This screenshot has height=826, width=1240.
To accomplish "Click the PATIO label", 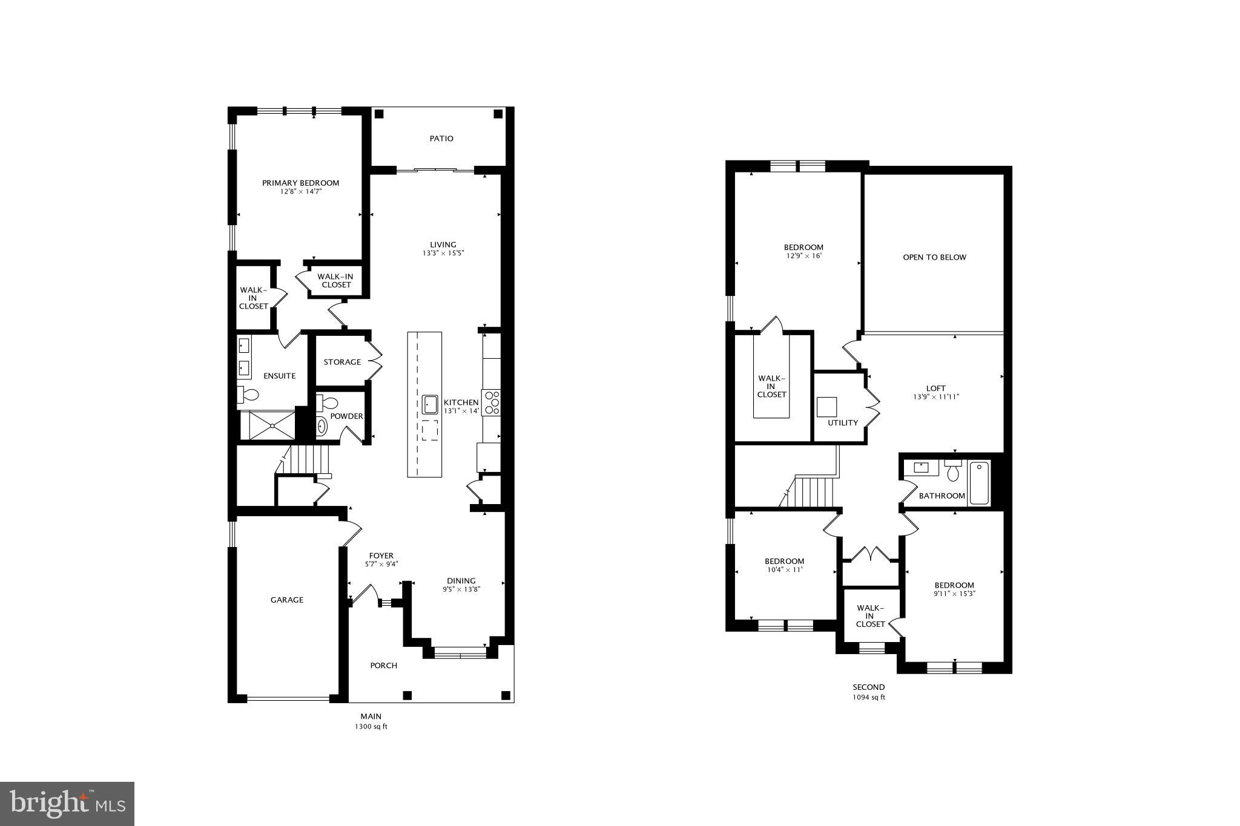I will (441, 139).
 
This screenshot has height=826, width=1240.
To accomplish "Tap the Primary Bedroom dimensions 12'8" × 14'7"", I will (300, 192).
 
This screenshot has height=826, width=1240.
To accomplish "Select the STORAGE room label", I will (342, 362).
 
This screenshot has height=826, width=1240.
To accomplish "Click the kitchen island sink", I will (430, 404).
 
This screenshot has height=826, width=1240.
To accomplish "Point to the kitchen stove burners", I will (491, 402).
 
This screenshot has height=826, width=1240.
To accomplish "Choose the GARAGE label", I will (287, 600).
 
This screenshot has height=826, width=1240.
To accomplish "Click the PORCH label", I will (384, 666).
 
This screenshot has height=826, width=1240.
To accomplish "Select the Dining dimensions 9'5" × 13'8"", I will (461, 589).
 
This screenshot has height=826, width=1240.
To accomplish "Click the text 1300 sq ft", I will (371, 727).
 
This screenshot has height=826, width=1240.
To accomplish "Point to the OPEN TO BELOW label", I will (934, 257).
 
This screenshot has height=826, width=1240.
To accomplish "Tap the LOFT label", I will (936, 388).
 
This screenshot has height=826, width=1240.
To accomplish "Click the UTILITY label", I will (843, 422).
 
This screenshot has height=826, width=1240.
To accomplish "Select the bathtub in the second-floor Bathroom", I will (979, 483).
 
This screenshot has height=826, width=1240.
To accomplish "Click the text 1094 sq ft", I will (869, 697).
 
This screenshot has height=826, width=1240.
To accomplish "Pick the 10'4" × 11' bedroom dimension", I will (784, 569).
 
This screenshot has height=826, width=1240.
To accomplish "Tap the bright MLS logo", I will (67, 804).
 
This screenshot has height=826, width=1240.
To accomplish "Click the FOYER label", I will (381, 556).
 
